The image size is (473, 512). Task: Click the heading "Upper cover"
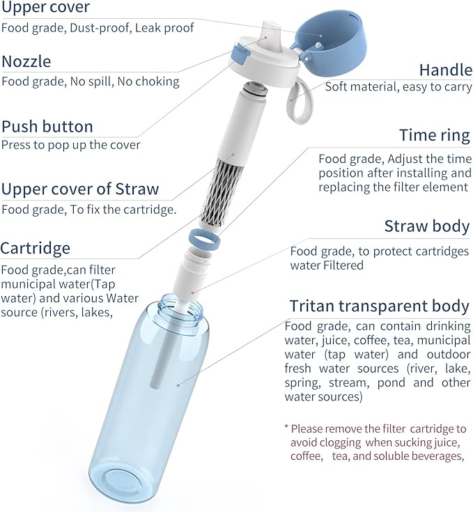tap(45, 6)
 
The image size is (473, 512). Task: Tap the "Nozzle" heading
tap(26, 61)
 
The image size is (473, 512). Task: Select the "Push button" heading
tap(47, 127)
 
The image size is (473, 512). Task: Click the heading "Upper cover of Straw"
tap(80, 189)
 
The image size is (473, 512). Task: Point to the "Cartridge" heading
tap(36, 248)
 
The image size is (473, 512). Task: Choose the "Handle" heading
tap(446, 70)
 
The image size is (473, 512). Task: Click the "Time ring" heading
tap(435, 135)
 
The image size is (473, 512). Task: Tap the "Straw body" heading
tap(427, 226)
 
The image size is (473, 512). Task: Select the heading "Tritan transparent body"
tap(380, 306)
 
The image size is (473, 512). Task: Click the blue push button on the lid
tap(239, 54)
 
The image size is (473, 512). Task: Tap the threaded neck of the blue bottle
tap(181, 313)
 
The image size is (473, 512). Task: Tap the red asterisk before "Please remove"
tap(286, 427)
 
